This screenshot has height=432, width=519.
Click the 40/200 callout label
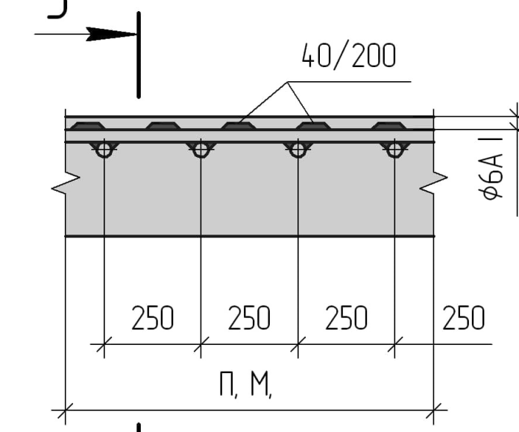pos(349,56)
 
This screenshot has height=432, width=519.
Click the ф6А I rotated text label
pos(492,169)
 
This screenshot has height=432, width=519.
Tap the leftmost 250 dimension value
pos(153,318)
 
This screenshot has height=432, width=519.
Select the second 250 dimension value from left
pos(249,318)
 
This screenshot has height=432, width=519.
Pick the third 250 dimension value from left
pos(346,318)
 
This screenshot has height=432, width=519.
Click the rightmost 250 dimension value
pos(463,318)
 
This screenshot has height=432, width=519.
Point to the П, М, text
pos(246,384)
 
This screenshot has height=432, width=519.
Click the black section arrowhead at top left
pos(111,34)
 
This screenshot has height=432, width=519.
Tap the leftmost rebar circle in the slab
pos(104,150)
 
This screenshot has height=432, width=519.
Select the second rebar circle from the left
pos(201,150)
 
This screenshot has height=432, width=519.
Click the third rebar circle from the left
pos(298,150)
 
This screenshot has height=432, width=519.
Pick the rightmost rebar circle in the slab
pos(394,150)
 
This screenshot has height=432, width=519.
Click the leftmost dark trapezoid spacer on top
pos(88,126)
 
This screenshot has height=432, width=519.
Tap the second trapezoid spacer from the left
pos(163,126)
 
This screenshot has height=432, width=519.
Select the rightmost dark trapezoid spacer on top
pos(389,126)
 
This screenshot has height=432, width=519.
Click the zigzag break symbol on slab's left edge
pos(66,183)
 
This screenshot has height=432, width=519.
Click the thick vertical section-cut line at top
pos(139,55)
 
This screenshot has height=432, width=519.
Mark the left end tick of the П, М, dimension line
pos(66,410)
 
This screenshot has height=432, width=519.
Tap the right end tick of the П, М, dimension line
pos(433,410)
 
